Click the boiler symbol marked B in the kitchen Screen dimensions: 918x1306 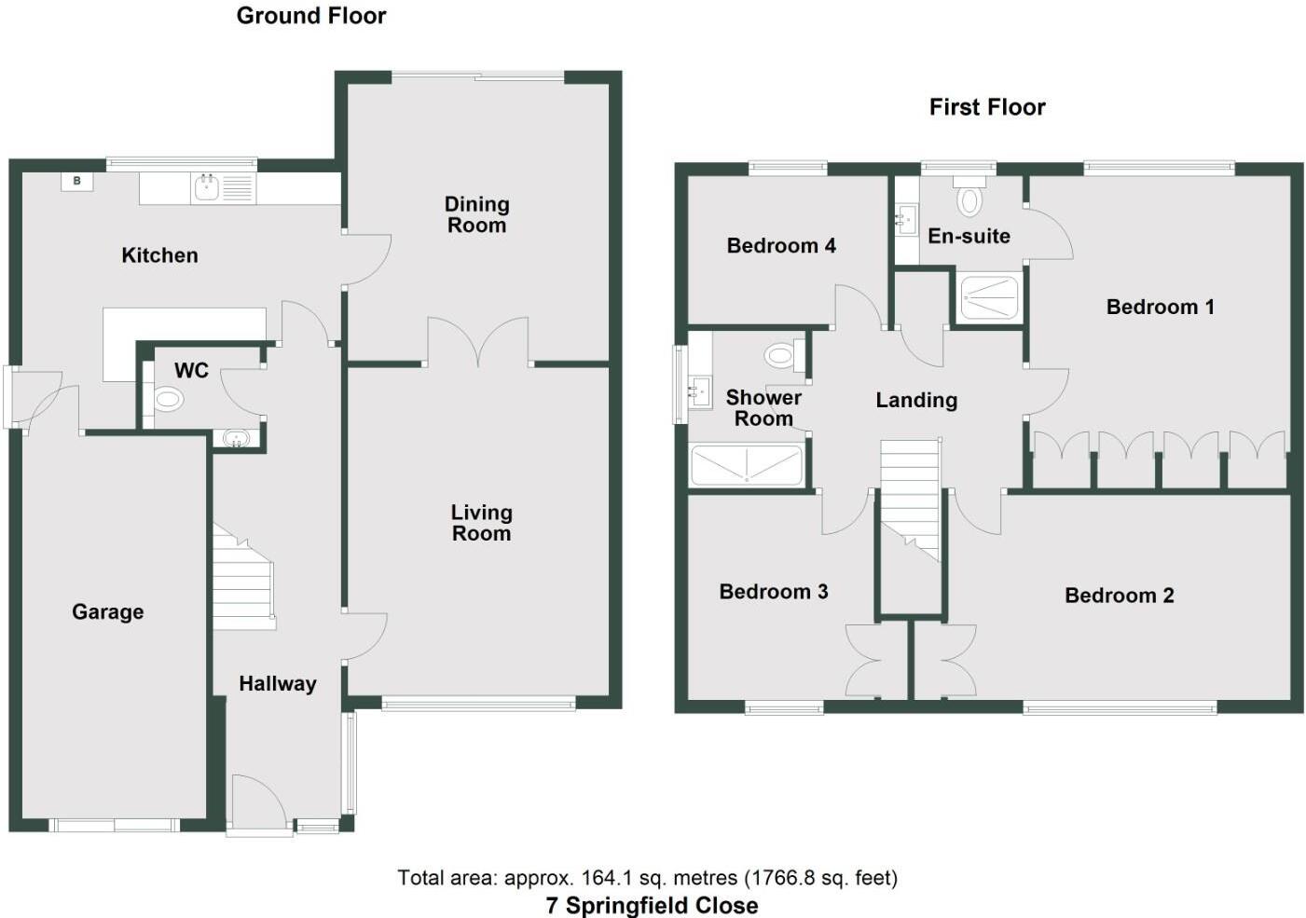pyautogui.click(x=77, y=181)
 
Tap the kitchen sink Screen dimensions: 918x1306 pyautogui.click(x=207, y=188)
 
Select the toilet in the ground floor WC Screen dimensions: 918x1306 pyautogui.click(x=167, y=400)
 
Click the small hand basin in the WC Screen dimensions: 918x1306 pyautogui.click(x=237, y=438)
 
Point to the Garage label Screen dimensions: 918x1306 pyautogui.click(x=108, y=612)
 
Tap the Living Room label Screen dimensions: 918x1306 pyautogui.click(x=481, y=523)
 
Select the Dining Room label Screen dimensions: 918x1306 pyautogui.click(x=476, y=214)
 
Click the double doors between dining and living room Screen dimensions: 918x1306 pyautogui.click(x=477, y=343)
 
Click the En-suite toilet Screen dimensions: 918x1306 pyautogui.click(x=970, y=199)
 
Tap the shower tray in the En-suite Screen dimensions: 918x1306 pyautogui.click(x=989, y=296)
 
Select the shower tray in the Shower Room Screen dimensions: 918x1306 pyautogui.click(x=747, y=465)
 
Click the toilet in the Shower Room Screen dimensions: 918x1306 pyautogui.click(x=781, y=355)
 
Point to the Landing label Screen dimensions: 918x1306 pyautogui.click(x=916, y=401)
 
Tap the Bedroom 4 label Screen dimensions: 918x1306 pyautogui.click(x=781, y=246)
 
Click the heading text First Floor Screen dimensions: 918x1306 pyautogui.click(x=987, y=107)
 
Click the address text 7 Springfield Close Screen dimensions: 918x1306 pyautogui.click(x=652, y=905)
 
